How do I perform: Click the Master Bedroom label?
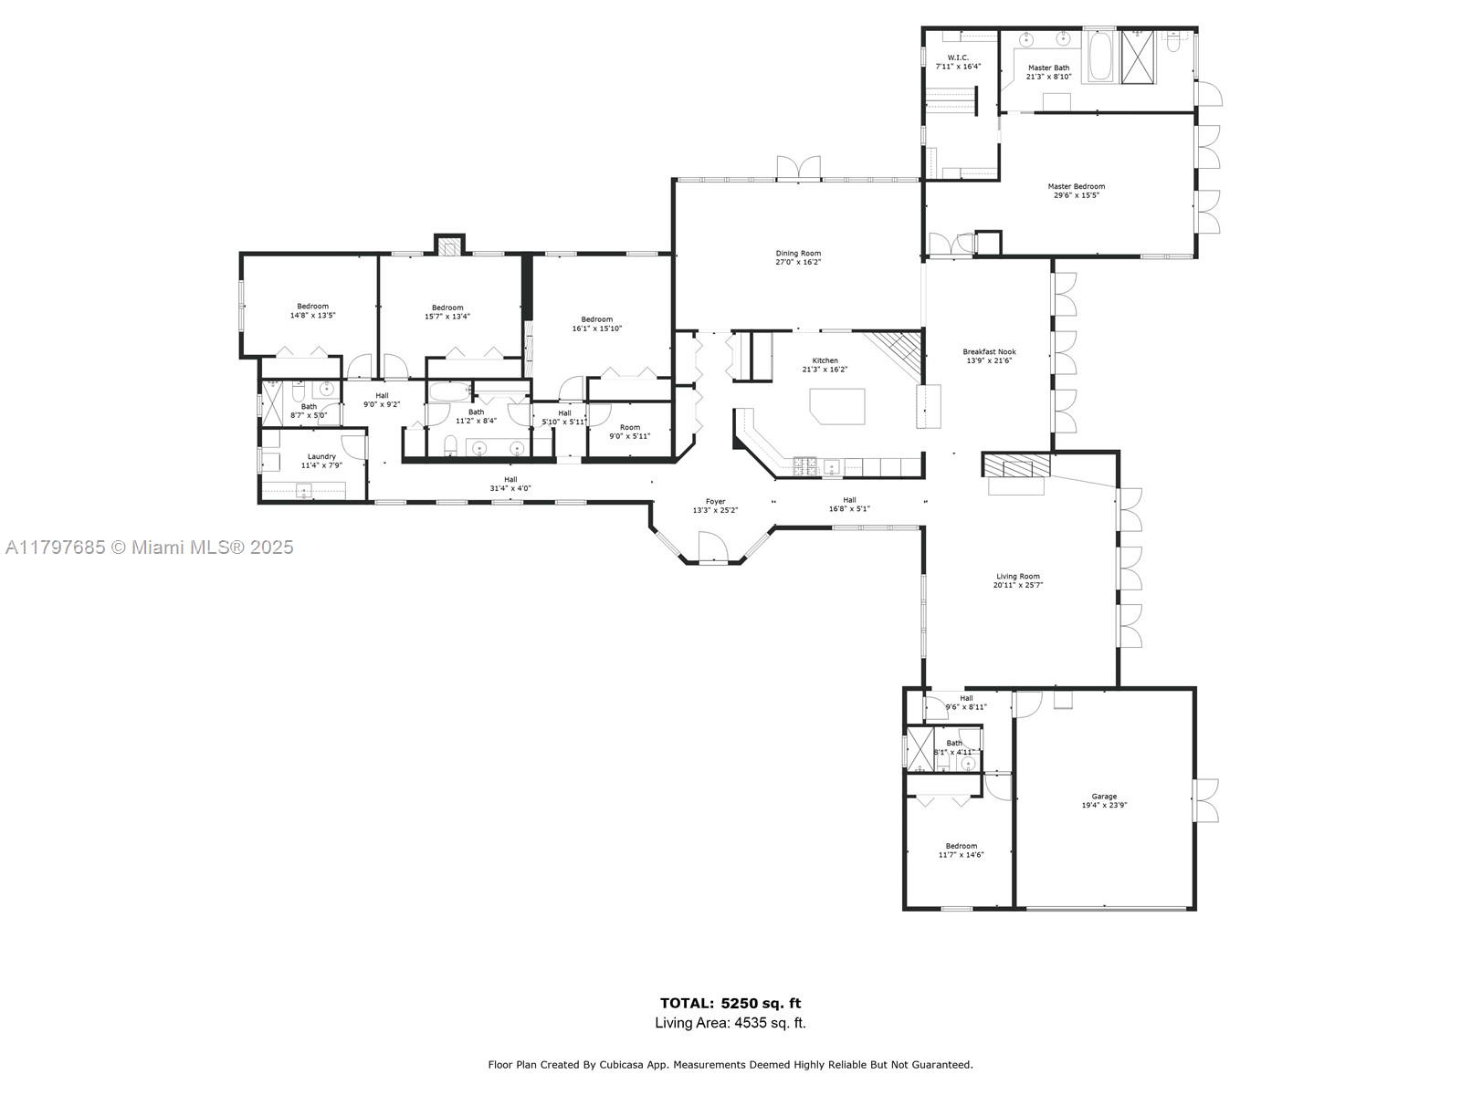(x=1076, y=186)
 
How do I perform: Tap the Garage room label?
(x=1104, y=796)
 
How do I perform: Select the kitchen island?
(x=837, y=405)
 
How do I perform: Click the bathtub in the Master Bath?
(x=1098, y=56)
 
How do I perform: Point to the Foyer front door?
(x=712, y=549)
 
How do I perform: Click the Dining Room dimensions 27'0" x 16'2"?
(x=798, y=262)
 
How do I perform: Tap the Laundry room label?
(x=321, y=456)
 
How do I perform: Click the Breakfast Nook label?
(x=989, y=351)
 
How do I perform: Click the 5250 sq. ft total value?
(x=761, y=1003)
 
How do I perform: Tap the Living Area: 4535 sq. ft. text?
(x=730, y=1023)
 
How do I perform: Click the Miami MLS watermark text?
(x=150, y=547)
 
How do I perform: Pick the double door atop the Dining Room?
(x=799, y=168)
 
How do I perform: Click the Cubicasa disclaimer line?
(x=730, y=1064)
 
